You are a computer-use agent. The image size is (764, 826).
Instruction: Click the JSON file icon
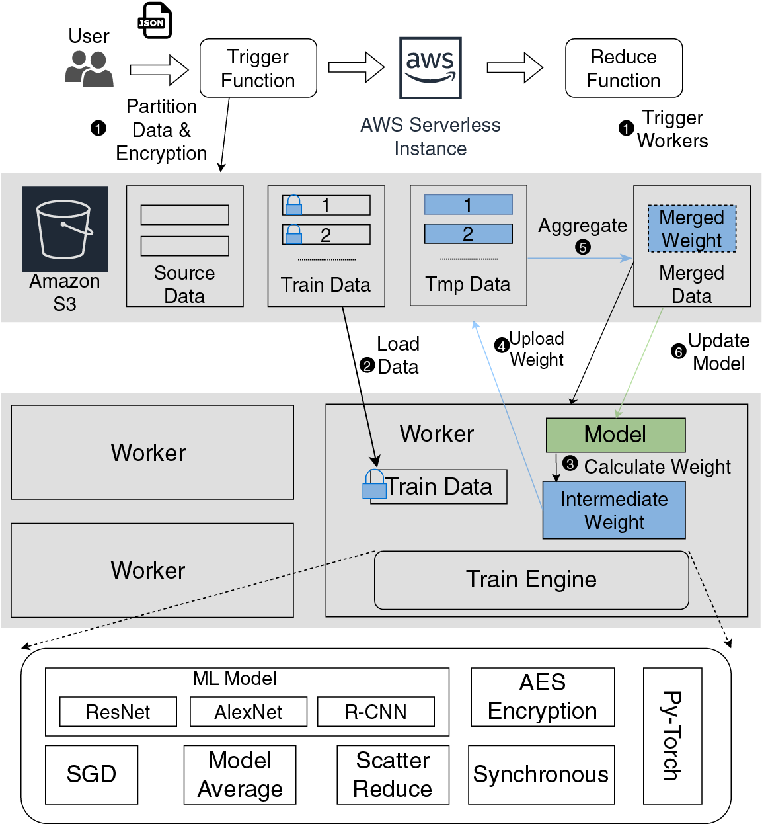pos(155,21)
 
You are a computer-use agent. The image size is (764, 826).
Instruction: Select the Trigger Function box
pos(258,68)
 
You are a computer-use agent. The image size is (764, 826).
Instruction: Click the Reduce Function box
pos(623,68)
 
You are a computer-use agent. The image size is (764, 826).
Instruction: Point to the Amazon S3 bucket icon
pos(64,229)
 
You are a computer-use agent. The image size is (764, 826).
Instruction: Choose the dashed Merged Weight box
pos(691,229)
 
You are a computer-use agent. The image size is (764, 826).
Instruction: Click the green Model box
pos(615,434)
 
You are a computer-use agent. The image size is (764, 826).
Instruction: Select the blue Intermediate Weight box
pos(614,510)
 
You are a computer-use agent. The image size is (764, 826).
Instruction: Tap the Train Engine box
pos(531,579)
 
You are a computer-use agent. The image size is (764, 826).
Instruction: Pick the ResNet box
pos(118,712)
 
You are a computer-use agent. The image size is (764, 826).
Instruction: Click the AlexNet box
pos(248,712)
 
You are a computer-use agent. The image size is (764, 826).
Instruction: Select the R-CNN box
pos(376,712)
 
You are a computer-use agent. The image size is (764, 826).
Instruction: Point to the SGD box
pos(91,774)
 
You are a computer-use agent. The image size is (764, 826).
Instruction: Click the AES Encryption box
pos(543,697)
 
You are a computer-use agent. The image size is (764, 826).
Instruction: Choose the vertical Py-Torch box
pos(672,734)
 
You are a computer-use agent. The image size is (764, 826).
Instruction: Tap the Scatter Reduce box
pos(393,774)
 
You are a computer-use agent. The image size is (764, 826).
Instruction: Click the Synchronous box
pos(541,774)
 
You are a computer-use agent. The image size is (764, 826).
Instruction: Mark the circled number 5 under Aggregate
pos(582,247)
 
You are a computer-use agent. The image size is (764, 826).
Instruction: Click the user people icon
pos(89,69)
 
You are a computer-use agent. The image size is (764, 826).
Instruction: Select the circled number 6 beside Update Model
pos(678,352)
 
